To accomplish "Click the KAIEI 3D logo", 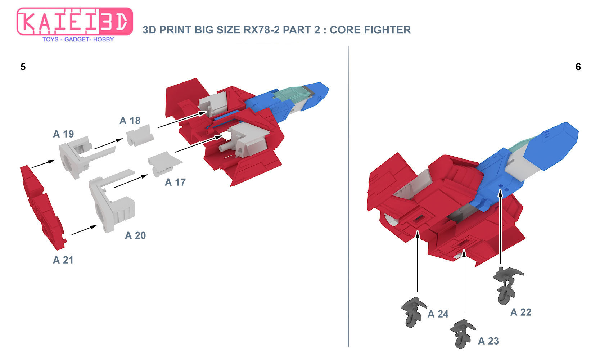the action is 75,22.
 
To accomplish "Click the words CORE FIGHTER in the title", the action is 370,30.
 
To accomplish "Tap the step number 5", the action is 23,67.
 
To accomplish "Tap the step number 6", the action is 578,67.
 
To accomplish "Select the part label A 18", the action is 130,121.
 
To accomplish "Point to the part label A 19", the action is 63,134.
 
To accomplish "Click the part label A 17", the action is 175,183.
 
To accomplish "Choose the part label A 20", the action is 135,235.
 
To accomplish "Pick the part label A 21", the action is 63,260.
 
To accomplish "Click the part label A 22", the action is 521,312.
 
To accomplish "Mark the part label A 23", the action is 488,341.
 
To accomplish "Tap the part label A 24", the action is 438,314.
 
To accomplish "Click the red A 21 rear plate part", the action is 43,208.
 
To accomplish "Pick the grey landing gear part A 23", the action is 463,334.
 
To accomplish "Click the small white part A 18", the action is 140,135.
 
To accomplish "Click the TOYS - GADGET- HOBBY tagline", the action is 78,39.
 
